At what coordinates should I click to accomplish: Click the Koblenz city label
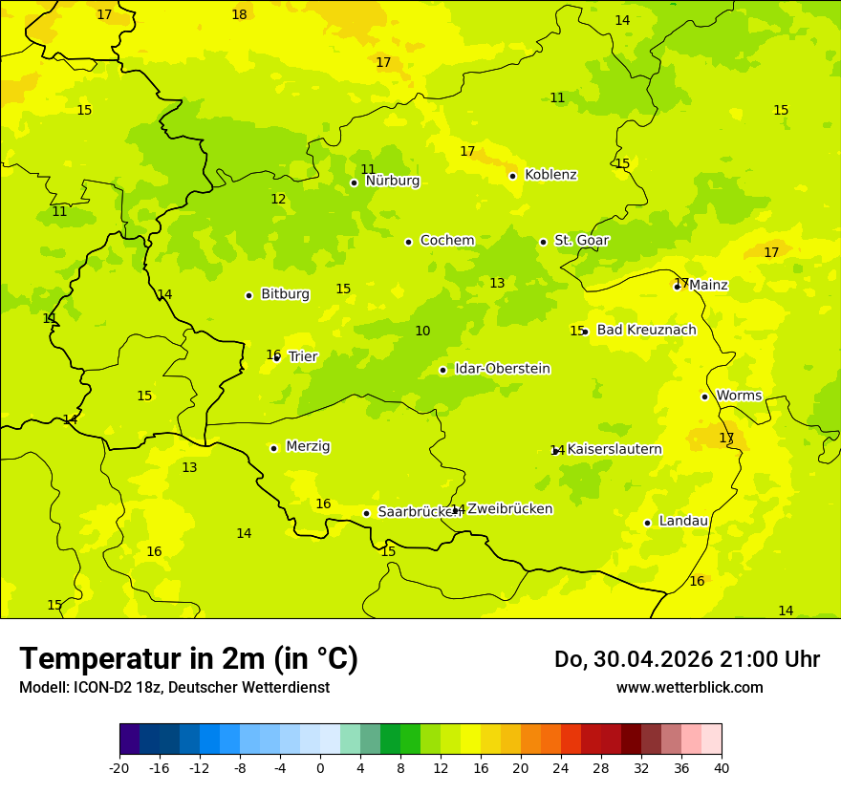click(x=550, y=175)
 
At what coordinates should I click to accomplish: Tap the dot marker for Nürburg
click(x=354, y=182)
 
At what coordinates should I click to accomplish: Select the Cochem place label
click(x=447, y=241)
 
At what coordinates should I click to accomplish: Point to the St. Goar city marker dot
click(x=543, y=242)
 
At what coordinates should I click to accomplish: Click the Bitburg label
click(x=285, y=294)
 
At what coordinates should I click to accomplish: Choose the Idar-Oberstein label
click(x=502, y=369)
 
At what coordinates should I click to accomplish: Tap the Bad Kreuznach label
click(x=646, y=331)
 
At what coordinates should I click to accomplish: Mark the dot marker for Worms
click(x=704, y=396)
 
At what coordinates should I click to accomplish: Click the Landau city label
click(x=683, y=522)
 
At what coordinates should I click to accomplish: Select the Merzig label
click(x=308, y=446)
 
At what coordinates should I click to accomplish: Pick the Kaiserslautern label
click(x=615, y=449)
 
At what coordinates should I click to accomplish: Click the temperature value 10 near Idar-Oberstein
click(x=422, y=332)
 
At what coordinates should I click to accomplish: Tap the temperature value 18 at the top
click(x=239, y=14)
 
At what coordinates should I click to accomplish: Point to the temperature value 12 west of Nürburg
click(x=278, y=200)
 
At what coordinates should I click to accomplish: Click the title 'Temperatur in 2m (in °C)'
click(x=188, y=658)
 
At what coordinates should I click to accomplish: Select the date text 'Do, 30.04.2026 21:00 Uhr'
click(x=686, y=659)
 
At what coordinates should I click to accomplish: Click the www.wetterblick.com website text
click(x=689, y=687)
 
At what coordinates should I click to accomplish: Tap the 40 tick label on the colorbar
click(x=722, y=768)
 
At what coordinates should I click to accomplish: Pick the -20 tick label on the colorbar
click(x=119, y=768)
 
